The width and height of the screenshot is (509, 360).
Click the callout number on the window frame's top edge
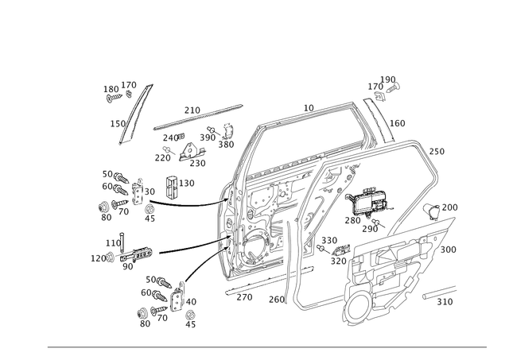(x=309, y=105)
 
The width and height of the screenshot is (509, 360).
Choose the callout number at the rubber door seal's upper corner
(x=437, y=149)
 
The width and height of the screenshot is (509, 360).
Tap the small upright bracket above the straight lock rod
(x=168, y=185)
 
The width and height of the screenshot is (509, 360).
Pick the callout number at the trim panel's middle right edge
(x=450, y=249)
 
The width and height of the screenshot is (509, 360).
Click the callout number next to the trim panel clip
(x=451, y=206)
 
